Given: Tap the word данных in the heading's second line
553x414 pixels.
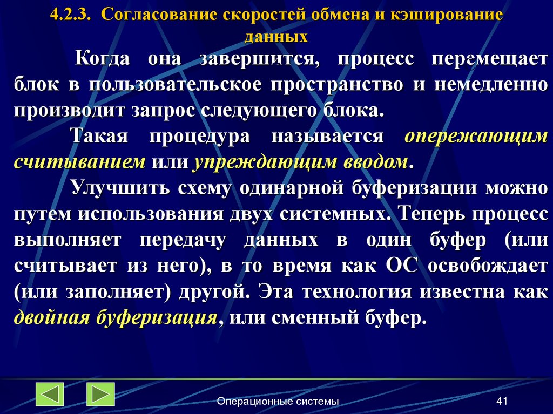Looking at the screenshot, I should pyautogui.click(x=276, y=37).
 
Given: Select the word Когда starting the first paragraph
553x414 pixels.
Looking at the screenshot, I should pyautogui.click(x=102, y=59).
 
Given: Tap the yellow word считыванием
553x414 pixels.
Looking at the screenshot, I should pyautogui.click(x=80, y=162).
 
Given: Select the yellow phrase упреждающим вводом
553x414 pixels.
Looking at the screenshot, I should pyautogui.click(x=300, y=162).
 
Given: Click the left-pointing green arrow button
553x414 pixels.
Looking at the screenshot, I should pyautogui.click(x=50, y=394).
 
